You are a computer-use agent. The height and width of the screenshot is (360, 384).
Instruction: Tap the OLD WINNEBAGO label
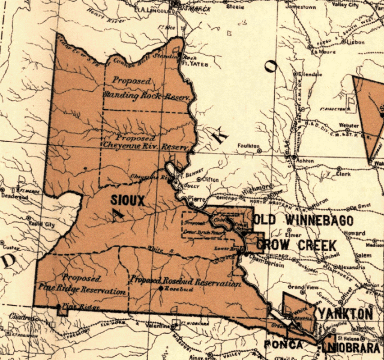pos(304,220)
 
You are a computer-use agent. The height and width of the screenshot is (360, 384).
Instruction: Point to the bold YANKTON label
pos(346,314)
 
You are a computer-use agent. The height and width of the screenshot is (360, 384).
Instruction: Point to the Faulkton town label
pos(248,146)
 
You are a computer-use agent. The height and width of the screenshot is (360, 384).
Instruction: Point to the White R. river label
pos(147,238)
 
